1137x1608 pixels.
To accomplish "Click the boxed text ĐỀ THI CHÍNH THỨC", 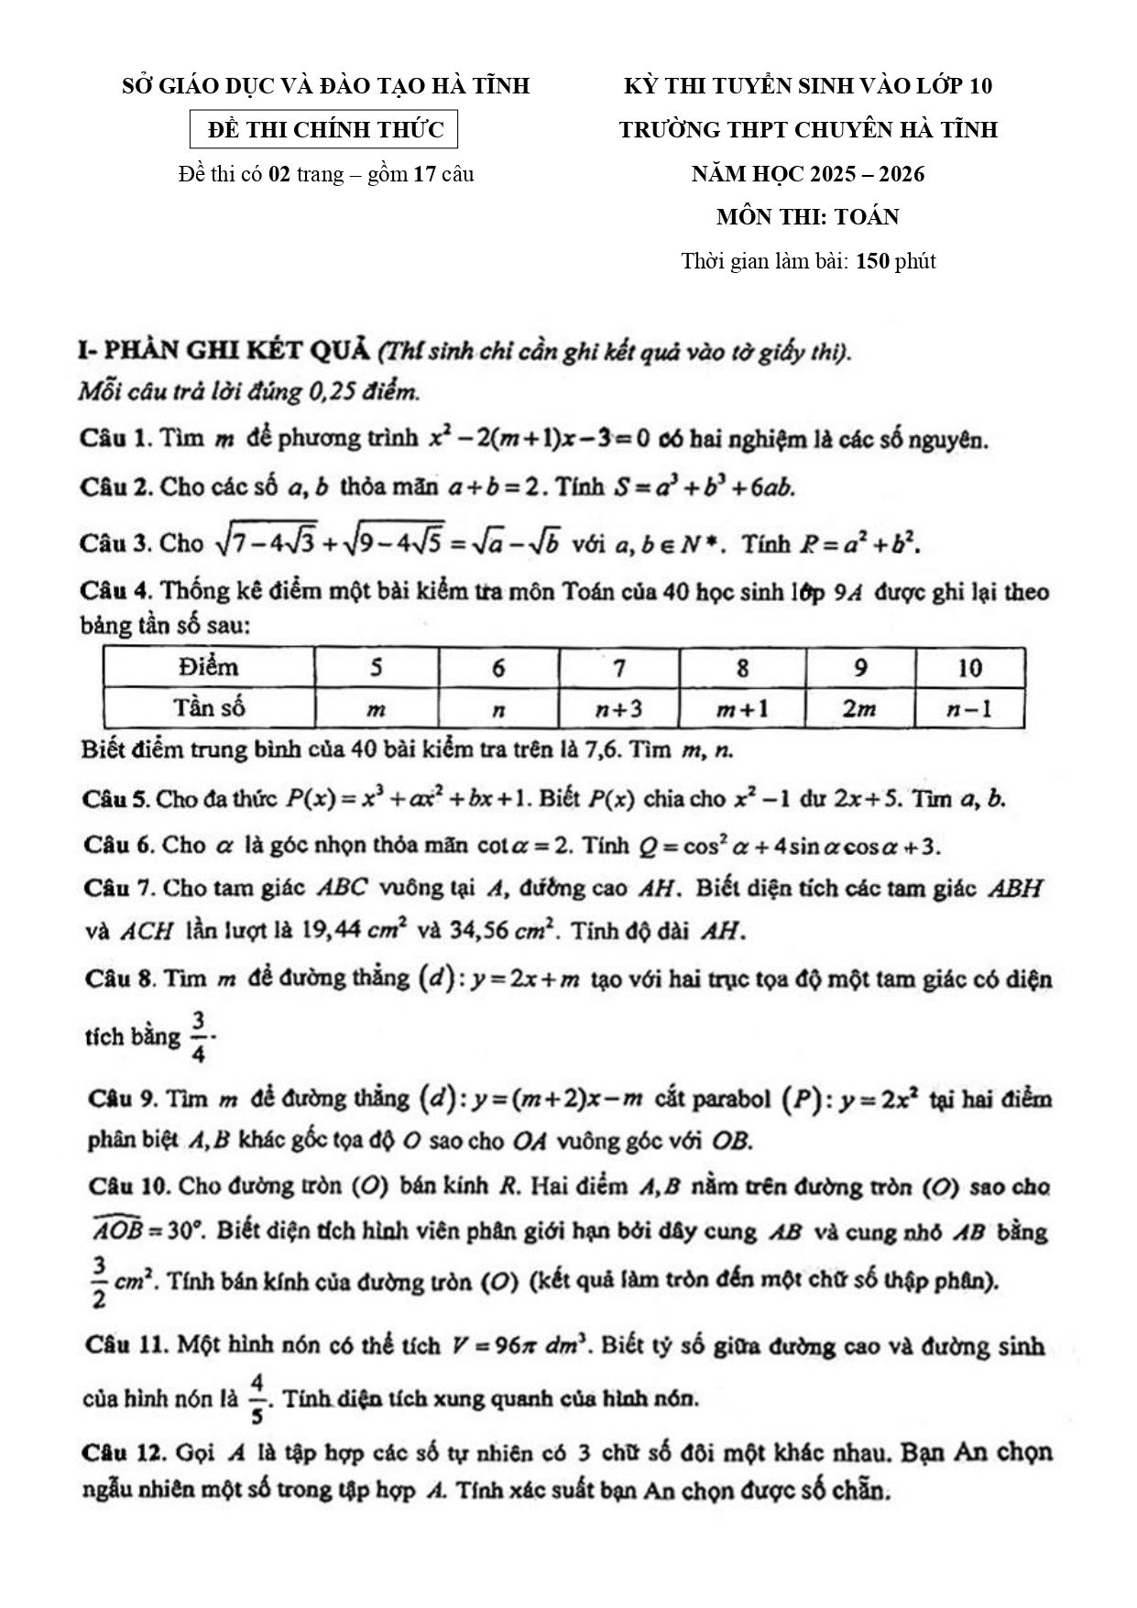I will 323,130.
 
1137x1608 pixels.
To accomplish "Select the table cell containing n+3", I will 618,708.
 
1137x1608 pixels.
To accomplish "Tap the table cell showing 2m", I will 859,708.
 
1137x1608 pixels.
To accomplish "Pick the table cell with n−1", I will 968,708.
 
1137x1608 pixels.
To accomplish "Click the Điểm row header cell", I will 209,667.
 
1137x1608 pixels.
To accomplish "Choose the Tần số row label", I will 209,708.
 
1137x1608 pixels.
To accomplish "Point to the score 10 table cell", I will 968,667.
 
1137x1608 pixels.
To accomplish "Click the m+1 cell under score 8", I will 742,708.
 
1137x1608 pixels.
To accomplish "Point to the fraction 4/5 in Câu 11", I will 257,1399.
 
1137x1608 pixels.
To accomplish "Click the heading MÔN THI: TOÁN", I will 807,217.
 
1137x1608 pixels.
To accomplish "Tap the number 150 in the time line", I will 872,261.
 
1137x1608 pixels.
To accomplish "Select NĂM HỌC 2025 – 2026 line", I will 807,173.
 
